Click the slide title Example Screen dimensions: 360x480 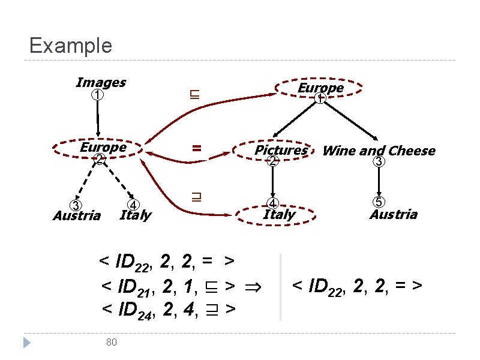coord(70,46)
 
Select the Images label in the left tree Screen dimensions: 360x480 coord(101,82)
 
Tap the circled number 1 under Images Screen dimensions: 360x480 coord(98,95)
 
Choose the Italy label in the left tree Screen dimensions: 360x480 coord(136,215)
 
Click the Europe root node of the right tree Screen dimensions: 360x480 coord(320,88)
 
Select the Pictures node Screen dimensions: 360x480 coord(280,151)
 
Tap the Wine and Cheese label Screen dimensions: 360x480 coord(379,151)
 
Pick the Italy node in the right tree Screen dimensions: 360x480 coord(279,214)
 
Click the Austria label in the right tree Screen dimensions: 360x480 coord(393,215)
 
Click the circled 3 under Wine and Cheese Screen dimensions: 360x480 coord(379,162)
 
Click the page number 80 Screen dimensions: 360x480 coord(110,342)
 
